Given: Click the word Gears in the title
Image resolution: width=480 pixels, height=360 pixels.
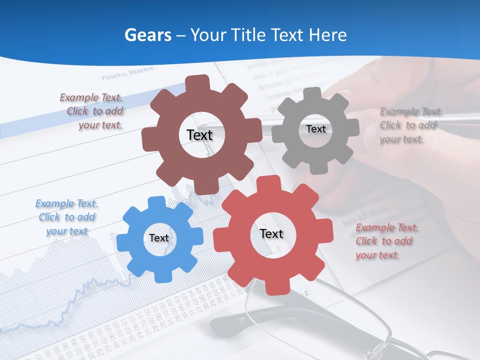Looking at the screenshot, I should coord(147,35).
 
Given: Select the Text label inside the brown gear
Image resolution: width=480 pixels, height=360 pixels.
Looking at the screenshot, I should coord(200,135).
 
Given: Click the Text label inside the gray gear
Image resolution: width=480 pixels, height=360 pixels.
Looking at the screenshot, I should coord(315,129).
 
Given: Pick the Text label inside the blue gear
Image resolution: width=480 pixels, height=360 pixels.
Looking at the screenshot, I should coord(159,238).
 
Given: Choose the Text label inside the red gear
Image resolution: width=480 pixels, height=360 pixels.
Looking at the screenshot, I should coord(271,233).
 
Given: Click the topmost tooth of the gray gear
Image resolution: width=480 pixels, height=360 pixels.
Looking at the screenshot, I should coord(312,93).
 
